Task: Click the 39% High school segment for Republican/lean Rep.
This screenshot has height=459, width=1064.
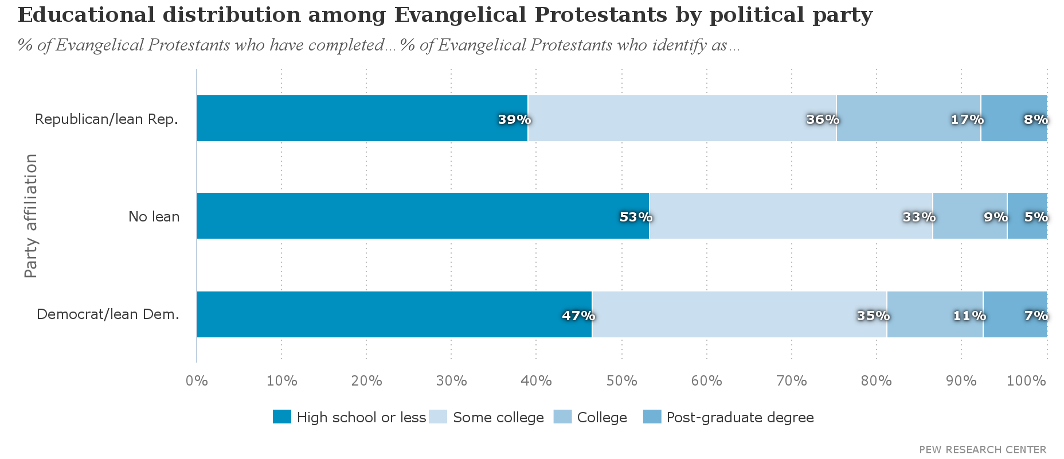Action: pyautogui.click(x=362, y=118)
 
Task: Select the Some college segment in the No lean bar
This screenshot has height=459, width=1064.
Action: pyautogui.click(x=791, y=216)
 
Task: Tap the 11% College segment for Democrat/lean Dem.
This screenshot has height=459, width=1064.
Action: pyautogui.click(x=934, y=314)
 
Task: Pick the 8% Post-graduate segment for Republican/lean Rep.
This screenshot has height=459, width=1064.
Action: pyautogui.click(x=1014, y=118)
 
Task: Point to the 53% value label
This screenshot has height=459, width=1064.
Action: pyautogui.click(x=636, y=217)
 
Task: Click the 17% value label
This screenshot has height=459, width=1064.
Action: pyautogui.click(x=967, y=120)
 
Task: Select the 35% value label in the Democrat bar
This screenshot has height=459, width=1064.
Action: pyautogui.click(x=873, y=316)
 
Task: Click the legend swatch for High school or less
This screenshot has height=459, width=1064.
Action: pyautogui.click(x=282, y=417)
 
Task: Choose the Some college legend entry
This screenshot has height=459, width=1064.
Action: pyautogui.click(x=498, y=417)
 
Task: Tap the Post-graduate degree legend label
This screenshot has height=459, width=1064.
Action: pyautogui.click(x=740, y=417)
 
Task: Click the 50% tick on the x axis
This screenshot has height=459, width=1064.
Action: pyautogui.click(x=622, y=380)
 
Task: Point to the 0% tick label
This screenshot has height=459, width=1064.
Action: pyautogui.click(x=197, y=380)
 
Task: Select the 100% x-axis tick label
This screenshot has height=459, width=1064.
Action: pyautogui.click(x=1026, y=380)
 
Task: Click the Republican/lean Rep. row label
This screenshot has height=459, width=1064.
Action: pyautogui.click(x=107, y=119)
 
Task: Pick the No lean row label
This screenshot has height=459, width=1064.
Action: pyautogui.click(x=154, y=217)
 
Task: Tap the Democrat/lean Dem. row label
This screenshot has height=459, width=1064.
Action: pyautogui.click(x=108, y=314)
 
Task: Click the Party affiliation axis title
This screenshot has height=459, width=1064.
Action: pyautogui.click(x=31, y=216)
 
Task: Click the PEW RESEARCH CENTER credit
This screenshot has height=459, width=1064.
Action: pyautogui.click(x=983, y=450)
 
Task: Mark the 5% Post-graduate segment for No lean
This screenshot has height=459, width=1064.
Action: pyautogui.click(x=1027, y=216)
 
